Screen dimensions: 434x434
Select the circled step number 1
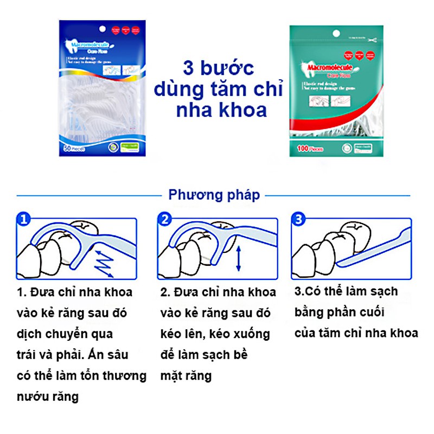coord(23,220)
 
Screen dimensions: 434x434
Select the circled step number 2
coord(164,220)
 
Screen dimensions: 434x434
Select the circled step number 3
coord(298,220)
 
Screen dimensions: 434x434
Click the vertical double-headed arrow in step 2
coord(238,259)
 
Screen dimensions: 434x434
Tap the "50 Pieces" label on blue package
coord(75,147)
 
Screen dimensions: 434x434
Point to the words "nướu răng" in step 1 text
coord(48,397)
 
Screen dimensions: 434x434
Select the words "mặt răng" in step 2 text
coord(186,375)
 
